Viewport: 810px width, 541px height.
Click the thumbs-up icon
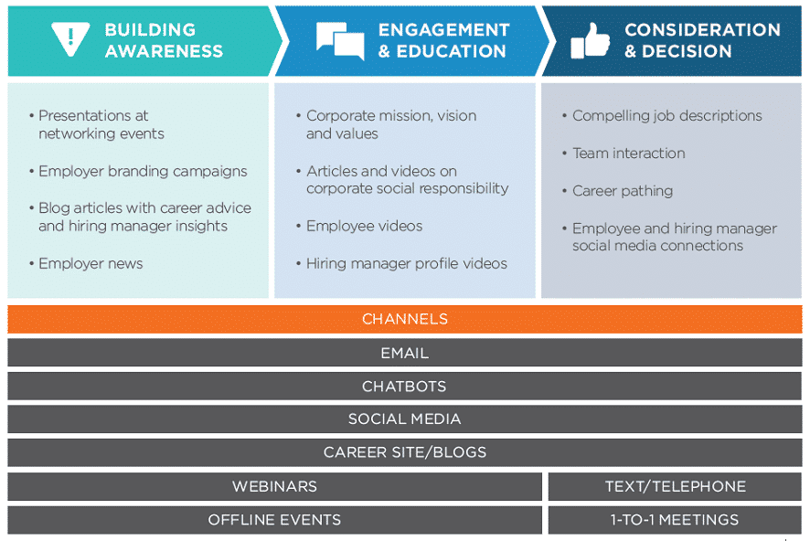[x=590, y=40]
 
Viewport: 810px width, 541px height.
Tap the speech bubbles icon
[x=340, y=40]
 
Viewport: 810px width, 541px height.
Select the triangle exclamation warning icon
[x=70, y=39]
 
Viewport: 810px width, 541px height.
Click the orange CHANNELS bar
[x=404, y=319]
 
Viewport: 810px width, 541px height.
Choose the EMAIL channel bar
[x=404, y=353]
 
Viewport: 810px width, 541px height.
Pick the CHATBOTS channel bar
[x=404, y=387]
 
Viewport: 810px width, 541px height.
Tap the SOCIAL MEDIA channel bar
[x=404, y=419]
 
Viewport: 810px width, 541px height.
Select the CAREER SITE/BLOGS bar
[x=404, y=452]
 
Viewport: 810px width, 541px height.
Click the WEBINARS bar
[x=274, y=486]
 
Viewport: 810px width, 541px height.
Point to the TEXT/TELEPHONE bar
[x=675, y=486]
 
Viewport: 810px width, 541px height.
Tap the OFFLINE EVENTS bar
[x=274, y=520]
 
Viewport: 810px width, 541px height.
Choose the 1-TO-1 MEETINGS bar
[x=675, y=520]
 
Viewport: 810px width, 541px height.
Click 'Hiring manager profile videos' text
[x=407, y=264]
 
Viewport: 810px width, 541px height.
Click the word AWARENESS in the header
[x=164, y=51]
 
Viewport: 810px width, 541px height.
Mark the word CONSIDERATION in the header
[x=702, y=30]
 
